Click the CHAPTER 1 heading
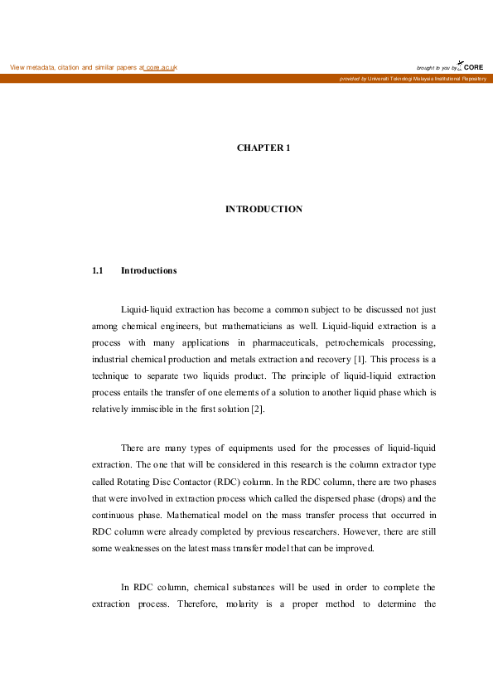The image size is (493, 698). (263, 148)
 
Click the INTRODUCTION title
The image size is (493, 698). (263, 209)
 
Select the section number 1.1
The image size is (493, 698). (97, 270)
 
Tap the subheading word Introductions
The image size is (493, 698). (148, 270)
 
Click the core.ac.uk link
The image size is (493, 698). (161, 67)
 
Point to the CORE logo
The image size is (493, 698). (471, 66)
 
